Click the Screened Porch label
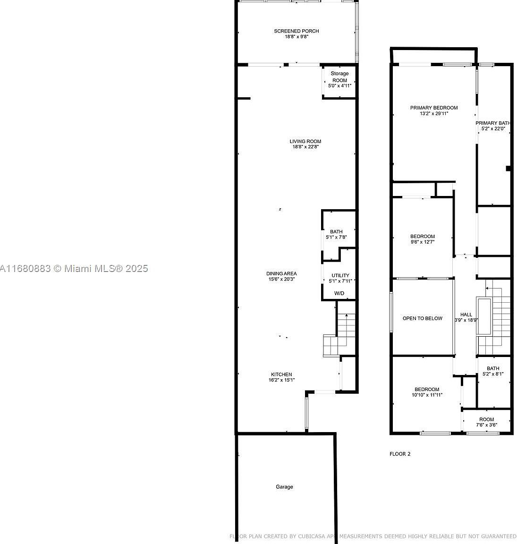(297, 31)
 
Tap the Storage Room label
(339, 74)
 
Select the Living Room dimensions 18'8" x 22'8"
(305, 147)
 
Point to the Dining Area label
(281, 273)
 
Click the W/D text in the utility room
(339, 294)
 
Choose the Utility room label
(340, 275)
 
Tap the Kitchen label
(281, 374)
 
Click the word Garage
(284, 487)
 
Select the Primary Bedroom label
(433, 108)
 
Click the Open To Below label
(423, 318)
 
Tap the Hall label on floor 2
(466, 314)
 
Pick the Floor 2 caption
(400, 454)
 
